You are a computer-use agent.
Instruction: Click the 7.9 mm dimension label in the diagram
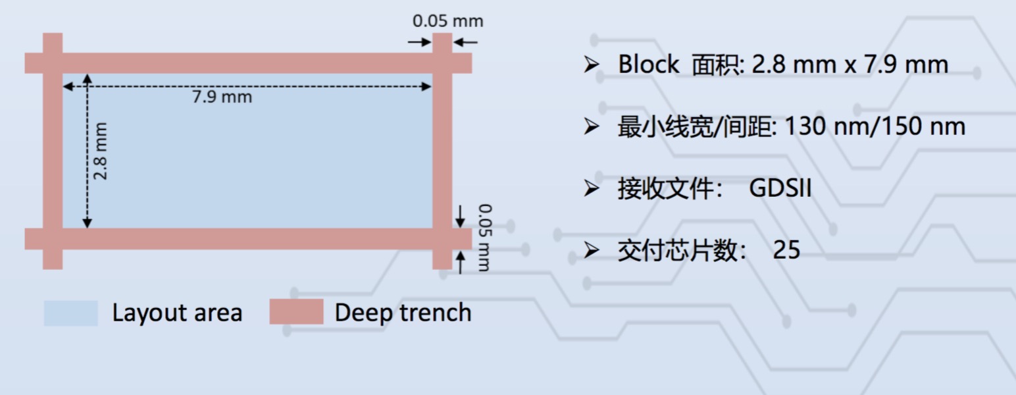click(x=222, y=97)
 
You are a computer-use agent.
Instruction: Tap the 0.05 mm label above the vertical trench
click(x=447, y=20)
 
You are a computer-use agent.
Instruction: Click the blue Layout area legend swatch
click(x=70, y=313)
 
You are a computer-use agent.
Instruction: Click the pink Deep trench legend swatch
click(x=296, y=312)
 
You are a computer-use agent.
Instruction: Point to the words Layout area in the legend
click(x=177, y=313)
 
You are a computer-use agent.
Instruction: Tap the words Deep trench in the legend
click(x=403, y=313)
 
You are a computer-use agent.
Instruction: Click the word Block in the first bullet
click(x=648, y=65)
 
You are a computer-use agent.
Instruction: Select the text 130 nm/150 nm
click(x=875, y=126)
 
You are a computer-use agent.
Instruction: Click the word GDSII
click(x=780, y=189)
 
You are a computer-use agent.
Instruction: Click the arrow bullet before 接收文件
click(x=591, y=189)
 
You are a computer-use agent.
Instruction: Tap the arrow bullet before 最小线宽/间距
click(x=591, y=126)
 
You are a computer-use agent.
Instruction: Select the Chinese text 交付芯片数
click(x=678, y=251)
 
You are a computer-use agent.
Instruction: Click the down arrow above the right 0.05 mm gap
click(x=461, y=215)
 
